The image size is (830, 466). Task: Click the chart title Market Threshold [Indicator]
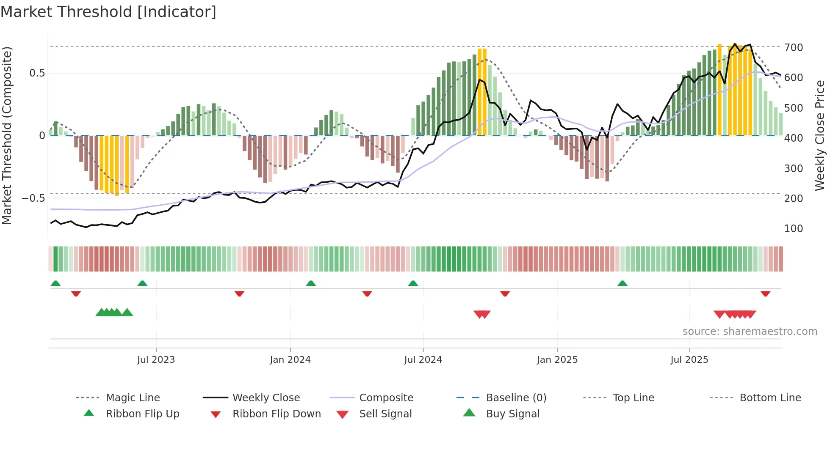point(108,12)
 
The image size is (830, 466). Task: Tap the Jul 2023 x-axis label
point(156,360)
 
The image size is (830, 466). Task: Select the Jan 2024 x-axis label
point(290,360)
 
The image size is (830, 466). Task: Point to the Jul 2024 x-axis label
point(423,360)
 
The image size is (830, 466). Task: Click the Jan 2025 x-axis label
point(557,360)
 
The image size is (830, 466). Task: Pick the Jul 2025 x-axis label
point(689,360)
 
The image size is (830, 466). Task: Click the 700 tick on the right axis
point(793,48)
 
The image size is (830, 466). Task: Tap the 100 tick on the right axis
point(793,229)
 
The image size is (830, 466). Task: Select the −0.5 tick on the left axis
point(33,198)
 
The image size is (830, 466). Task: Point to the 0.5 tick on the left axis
point(37,73)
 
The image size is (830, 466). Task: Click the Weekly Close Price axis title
point(820,135)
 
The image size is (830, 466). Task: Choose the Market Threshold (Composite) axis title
point(7,135)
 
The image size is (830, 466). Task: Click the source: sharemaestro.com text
point(750,332)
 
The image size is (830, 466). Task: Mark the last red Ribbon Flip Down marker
point(765,293)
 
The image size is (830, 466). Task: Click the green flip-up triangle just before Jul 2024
point(413,283)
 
